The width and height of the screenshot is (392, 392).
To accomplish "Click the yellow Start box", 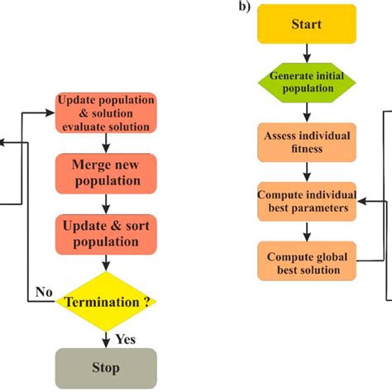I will tap(307, 24).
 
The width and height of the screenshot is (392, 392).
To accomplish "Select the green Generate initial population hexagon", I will tap(307, 82).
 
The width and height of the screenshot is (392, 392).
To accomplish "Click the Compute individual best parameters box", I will tap(307, 201).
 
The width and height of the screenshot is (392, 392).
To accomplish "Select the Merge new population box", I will tap(105, 172).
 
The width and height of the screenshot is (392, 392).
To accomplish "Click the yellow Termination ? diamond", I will tap(105, 303).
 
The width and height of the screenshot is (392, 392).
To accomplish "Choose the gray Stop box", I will tap(105, 367).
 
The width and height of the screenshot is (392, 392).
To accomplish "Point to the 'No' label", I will tap(44, 292).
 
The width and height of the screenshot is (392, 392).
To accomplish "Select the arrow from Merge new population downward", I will tap(105, 203).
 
